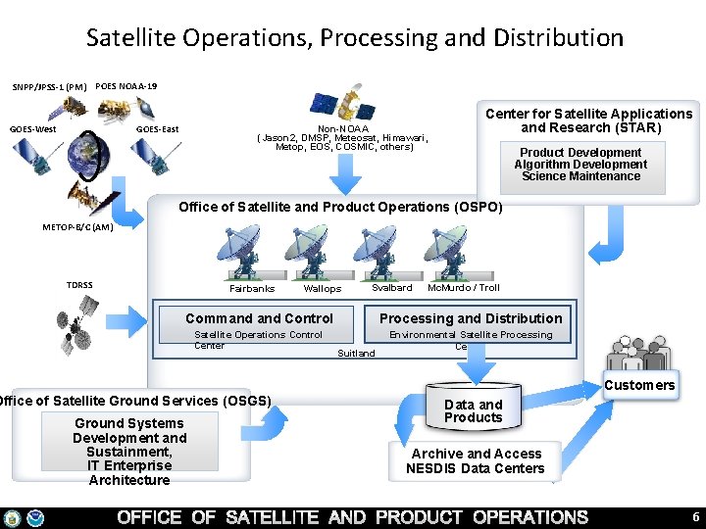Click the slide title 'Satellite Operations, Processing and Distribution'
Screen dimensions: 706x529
click(354, 38)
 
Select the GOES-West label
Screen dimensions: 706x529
click(33, 129)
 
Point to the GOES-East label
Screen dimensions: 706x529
click(157, 129)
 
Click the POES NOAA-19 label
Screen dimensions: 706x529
click(126, 86)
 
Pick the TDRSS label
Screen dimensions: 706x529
click(79, 285)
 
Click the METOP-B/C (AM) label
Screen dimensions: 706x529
click(78, 227)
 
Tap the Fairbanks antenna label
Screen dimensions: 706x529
click(252, 289)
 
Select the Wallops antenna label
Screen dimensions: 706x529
click(323, 289)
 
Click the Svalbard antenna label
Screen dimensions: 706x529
click(392, 288)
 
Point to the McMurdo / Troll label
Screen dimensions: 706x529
click(464, 288)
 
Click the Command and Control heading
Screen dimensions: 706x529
click(259, 318)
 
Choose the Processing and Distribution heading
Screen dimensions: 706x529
click(471, 318)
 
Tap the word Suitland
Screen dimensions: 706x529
click(356, 353)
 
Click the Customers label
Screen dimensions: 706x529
click(639, 385)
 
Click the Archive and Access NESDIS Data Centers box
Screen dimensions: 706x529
click(477, 460)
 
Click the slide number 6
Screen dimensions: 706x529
click(695, 517)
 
